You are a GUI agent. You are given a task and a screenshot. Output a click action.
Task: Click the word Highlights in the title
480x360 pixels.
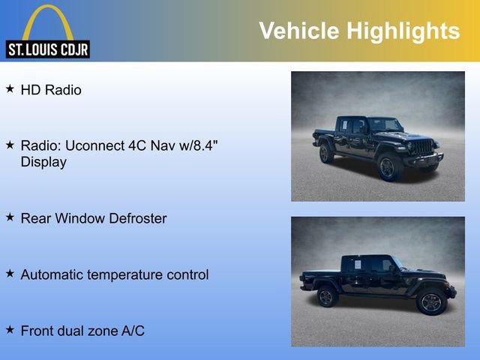[403, 31]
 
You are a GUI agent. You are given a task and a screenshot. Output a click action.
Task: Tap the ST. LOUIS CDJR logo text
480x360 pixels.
[48, 50]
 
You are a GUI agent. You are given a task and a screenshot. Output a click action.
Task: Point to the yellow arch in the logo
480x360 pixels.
[48, 21]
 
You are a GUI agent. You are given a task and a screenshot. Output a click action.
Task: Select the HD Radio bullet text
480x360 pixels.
[51, 90]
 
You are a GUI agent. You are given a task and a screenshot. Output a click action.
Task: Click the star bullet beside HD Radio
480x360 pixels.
[10, 89]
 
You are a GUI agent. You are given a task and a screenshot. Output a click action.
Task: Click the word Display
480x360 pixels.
[43, 162]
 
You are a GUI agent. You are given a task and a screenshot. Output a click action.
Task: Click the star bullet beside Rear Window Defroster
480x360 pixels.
[10, 217]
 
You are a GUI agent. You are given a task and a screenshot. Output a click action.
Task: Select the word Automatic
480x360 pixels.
[51, 274]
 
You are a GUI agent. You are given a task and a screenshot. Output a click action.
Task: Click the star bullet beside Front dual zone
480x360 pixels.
[10, 329]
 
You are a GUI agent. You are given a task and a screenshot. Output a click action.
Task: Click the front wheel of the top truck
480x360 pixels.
[388, 166]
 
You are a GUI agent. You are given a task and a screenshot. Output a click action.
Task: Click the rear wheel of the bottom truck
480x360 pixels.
[326, 297]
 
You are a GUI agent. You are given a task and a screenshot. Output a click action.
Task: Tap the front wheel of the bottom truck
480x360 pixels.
[430, 302]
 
